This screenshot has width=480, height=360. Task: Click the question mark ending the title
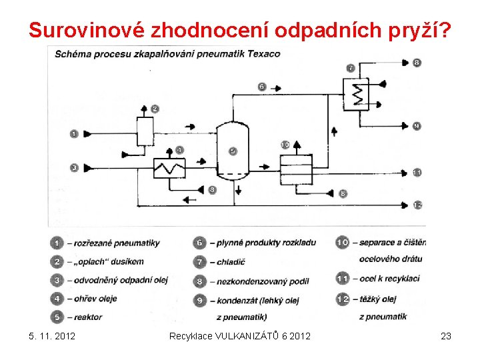point(443,30)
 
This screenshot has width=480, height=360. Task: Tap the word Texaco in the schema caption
point(263,53)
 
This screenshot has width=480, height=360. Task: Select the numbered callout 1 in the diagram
point(74,134)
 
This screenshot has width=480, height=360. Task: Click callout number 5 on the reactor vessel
point(233,151)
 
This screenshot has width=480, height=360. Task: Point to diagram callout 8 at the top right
point(417,63)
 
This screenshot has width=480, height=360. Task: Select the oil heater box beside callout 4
point(169,169)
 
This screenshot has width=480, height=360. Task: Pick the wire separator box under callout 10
point(296,171)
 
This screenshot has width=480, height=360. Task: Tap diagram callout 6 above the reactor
point(261,87)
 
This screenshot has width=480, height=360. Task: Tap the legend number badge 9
point(200,301)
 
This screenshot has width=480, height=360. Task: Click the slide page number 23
point(446,336)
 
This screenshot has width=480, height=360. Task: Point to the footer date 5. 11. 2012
point(53,336)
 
